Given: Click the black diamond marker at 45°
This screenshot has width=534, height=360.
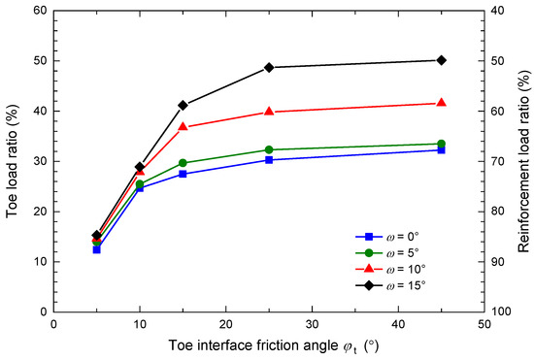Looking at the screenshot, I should point(442,60).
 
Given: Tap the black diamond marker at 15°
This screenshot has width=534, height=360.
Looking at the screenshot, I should point(183,105).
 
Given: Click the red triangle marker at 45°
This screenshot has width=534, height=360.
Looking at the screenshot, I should point(442,103).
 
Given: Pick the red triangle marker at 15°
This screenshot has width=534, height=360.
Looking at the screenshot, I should point(183,126).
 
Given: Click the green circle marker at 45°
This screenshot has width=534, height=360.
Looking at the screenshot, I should point(442,144).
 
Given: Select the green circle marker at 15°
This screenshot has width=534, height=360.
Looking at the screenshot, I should point(183,163).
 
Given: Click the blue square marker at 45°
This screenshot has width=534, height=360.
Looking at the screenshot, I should point(442,149).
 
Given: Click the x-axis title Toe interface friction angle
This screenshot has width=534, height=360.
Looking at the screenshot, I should point(267,346).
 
